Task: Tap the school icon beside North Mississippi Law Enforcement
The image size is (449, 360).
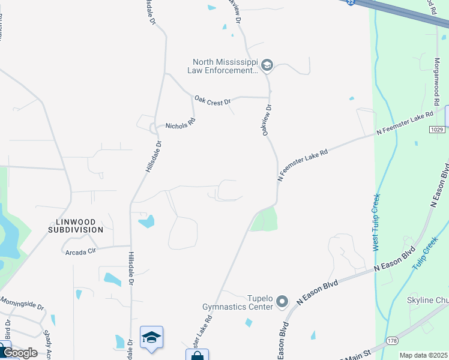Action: pyautogui.click(x=267, y=65)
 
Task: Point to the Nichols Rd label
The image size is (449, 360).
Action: pyautogui.click(x=180, y=122)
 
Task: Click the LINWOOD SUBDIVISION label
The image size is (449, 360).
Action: pyautogui.click(x=76, y=226)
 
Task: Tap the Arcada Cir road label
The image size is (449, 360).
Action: pyautogui.click(x=80, y=251)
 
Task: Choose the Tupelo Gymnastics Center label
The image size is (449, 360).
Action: pyautogui.click(x=249, y=302)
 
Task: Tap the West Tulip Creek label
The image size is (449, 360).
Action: pyautogui.click(x=376, y=223)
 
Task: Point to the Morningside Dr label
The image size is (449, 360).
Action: pyautogui.click(x=22, y=302)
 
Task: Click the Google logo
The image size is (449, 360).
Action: pyautogui.click(x=20, y=353)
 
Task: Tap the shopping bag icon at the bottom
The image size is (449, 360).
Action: pyautogui.click(x=197, y=355)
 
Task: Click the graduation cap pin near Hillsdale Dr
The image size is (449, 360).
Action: pyautogui.click(x=152, y=337)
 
